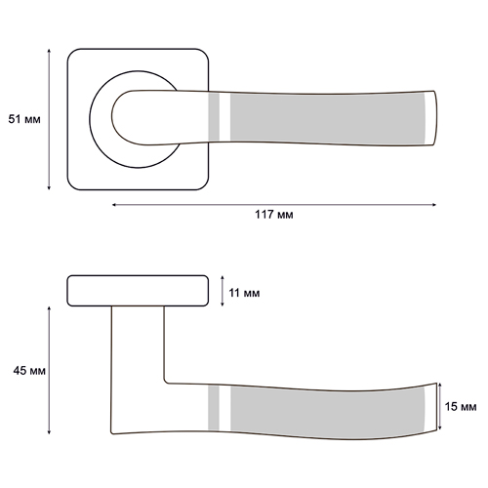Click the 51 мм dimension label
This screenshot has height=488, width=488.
[x=24, y=119]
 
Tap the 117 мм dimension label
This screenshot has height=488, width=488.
[x=274, y=215]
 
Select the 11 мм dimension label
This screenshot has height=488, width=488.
[x=244, y=293]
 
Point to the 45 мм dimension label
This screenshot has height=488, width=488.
[x=29, y=371]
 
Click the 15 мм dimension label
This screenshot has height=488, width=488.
[x=461, y=407]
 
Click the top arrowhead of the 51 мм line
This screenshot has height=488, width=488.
[x=49, y=51]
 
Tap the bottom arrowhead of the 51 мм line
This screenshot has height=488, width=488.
[x=49, y=187]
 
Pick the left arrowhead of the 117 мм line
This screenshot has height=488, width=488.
[x=114, y=205]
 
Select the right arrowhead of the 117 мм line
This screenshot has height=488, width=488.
[x=433, y=205]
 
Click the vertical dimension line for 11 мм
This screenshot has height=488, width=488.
[x=223, y=291]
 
